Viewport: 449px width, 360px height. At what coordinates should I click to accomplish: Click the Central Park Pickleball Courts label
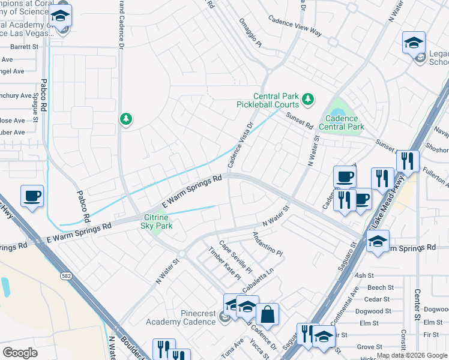coord(276,100)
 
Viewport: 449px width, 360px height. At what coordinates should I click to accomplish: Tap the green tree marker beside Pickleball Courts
coord(308,98)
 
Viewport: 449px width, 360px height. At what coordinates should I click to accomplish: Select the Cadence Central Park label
coord(345,122)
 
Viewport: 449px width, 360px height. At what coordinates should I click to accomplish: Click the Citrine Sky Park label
coord(158,221)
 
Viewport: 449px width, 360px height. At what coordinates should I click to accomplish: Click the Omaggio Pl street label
coord(249,35)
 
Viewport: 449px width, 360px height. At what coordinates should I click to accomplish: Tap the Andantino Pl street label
coord(267,244)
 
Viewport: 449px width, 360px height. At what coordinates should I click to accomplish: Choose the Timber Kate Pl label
coord(224,263)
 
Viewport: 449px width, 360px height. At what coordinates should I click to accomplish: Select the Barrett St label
coord(23,46)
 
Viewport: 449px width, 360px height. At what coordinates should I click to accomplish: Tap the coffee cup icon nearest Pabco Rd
coord(32,196)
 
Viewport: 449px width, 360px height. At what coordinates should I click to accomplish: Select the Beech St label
coord(381,287)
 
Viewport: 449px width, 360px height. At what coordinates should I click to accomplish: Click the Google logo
coord(20,352)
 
